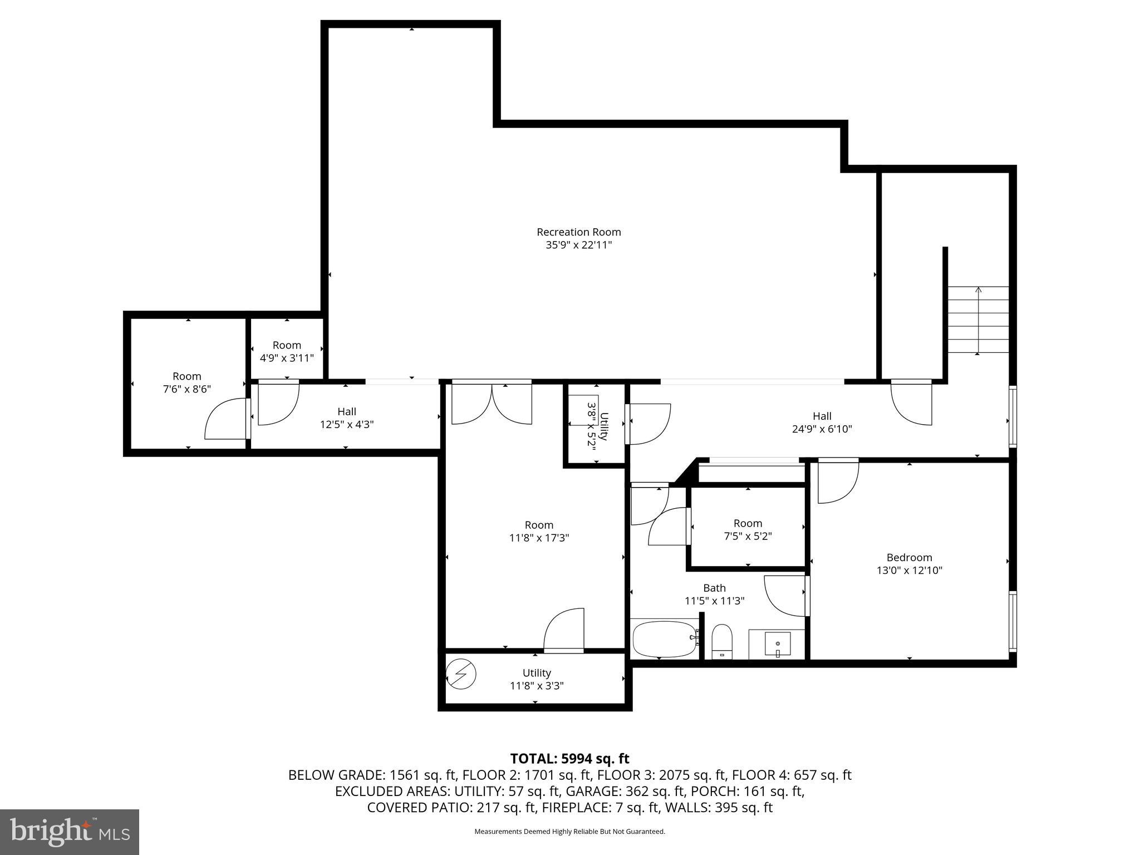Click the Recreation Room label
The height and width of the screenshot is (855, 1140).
pyautogui.click(x=578, y=232)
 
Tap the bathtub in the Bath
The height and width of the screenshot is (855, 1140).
pyautogui.click(x=664, y=640)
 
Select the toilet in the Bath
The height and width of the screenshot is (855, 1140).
pyautogui.click(x=722, y=641)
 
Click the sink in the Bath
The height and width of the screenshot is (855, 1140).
pyautogui.click(x=777, y=645)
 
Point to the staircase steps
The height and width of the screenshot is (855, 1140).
pyautogui.click(x=978, y=320)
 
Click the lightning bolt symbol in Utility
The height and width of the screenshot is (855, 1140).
pyautogui.click(x=461, y=675)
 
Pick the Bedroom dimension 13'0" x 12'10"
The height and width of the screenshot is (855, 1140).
pyautogui.click(x=909, y=570)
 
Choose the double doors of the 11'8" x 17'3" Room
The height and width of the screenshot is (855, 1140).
pyautogui.click(x=492, y=404)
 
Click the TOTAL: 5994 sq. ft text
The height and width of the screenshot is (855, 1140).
pyautogui.click(x=569, y=758)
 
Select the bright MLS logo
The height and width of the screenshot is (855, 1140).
pyautogui.click(x=70, y=832)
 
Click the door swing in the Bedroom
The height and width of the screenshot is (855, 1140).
pyautogui.click(x=838, y=481)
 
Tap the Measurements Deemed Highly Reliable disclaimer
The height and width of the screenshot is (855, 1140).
pyautogui.click(x=569, y=832)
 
